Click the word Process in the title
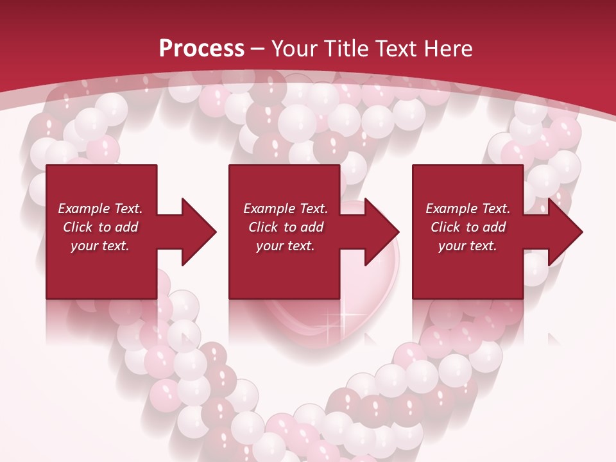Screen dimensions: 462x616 point(201,49)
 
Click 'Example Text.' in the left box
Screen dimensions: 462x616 point(100,209)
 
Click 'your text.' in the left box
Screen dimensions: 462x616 point(100,246)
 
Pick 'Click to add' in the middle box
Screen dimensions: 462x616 point(286,227)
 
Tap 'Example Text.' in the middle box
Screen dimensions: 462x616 point(286,209)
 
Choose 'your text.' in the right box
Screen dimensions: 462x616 point(467,246)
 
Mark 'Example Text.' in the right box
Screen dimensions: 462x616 point(468,209)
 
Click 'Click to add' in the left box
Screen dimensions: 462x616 point(100,227)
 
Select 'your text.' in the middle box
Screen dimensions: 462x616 point(285,246)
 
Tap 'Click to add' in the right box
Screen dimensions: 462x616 point(468,227)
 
